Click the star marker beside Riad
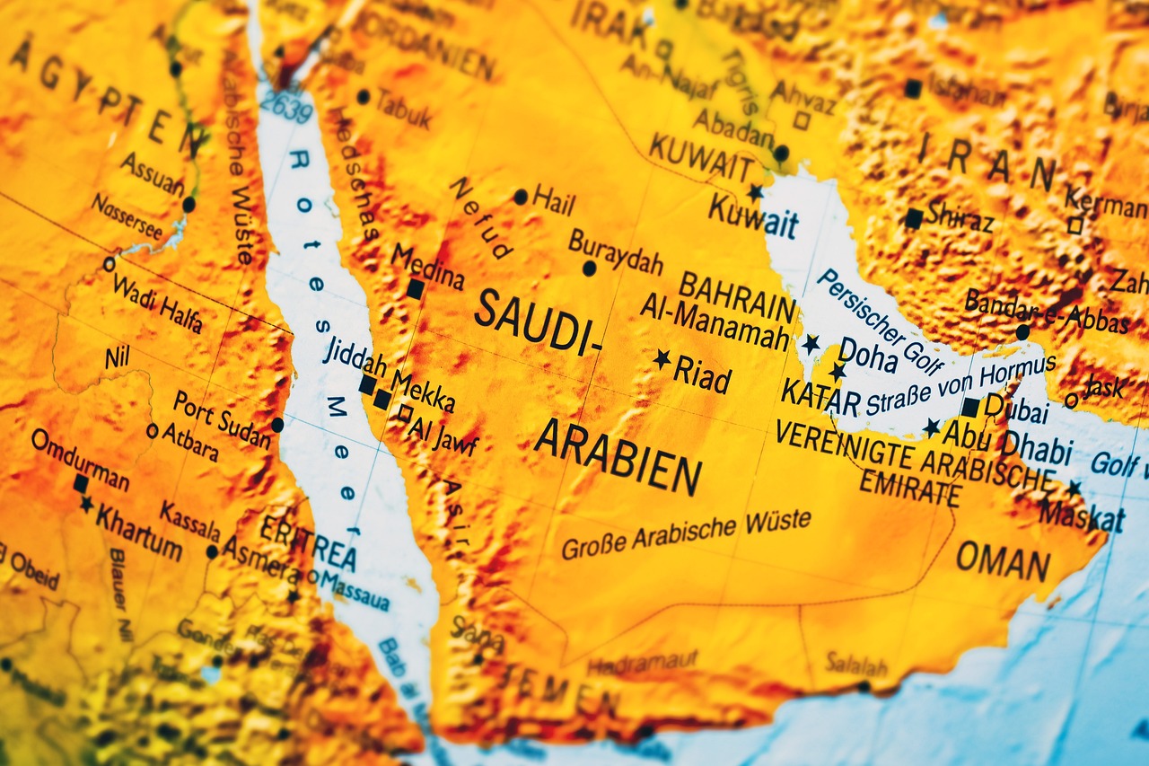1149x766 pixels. pyautogui.click(x=662, y=359)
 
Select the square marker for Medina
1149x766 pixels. pyautogui.click(x=415, y=289)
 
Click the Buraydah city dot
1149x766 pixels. pyautogui.click(x=589, y=268)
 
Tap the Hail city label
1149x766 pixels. pyautogui.click(x=554, y=199)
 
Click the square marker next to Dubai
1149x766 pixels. pyautogui.click(x=969, y=407)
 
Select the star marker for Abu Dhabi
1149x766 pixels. pyautogui.click(x=932, y=427)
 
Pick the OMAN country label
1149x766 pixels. pyautogui.click(x=1003, y=562)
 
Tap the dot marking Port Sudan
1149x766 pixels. pyautogui.click(x=277, y=424)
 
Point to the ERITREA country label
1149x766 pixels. pyautogui.click(x=308, y=540)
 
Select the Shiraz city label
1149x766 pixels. pyautogui.click(x=960, y=216)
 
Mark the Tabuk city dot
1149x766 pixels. pyautogui.click(x=363, y=96)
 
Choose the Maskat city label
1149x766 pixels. pyautogui.click(x=1082, y=515)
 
